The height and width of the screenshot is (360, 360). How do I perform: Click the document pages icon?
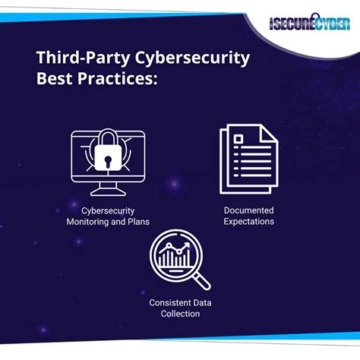tap(248, 160)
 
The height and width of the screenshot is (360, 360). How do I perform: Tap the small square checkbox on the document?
tap(238, 140)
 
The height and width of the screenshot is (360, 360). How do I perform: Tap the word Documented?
tap(248, 210)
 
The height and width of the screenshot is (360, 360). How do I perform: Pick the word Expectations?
tap(248, 222)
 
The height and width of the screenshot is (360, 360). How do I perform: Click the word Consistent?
tap(166, 302)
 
